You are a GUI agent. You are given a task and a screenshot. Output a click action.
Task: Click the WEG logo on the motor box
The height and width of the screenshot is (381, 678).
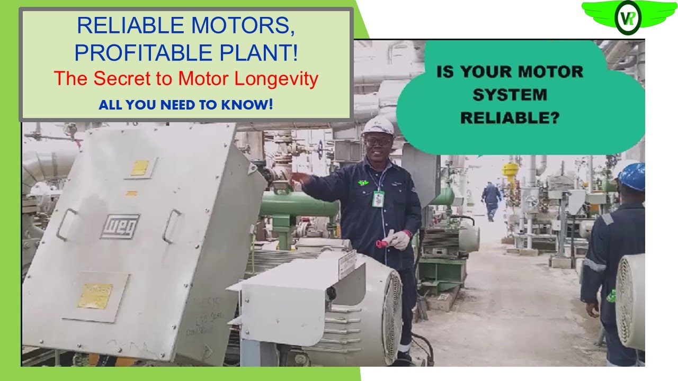pos(120,226)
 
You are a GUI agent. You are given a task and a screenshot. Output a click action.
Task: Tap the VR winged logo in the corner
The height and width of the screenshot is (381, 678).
pos(627,17)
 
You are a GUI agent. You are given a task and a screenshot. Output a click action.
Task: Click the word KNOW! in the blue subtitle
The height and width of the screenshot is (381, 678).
pos(252,104)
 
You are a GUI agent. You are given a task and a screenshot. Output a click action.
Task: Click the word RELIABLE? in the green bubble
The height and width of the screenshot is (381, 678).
pos(510,118)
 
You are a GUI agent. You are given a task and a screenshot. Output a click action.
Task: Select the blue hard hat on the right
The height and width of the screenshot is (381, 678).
pos(632,176)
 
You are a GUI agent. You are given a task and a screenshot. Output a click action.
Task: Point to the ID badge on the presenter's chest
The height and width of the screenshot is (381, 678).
pos(378,198)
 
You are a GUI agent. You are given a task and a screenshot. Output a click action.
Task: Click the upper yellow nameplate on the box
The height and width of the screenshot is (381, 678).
pos(140,168)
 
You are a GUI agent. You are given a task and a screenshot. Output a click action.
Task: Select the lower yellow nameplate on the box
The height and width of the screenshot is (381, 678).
pos(95,296)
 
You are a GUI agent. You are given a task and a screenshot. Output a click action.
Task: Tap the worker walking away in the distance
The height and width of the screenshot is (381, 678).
pos(491,198)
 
